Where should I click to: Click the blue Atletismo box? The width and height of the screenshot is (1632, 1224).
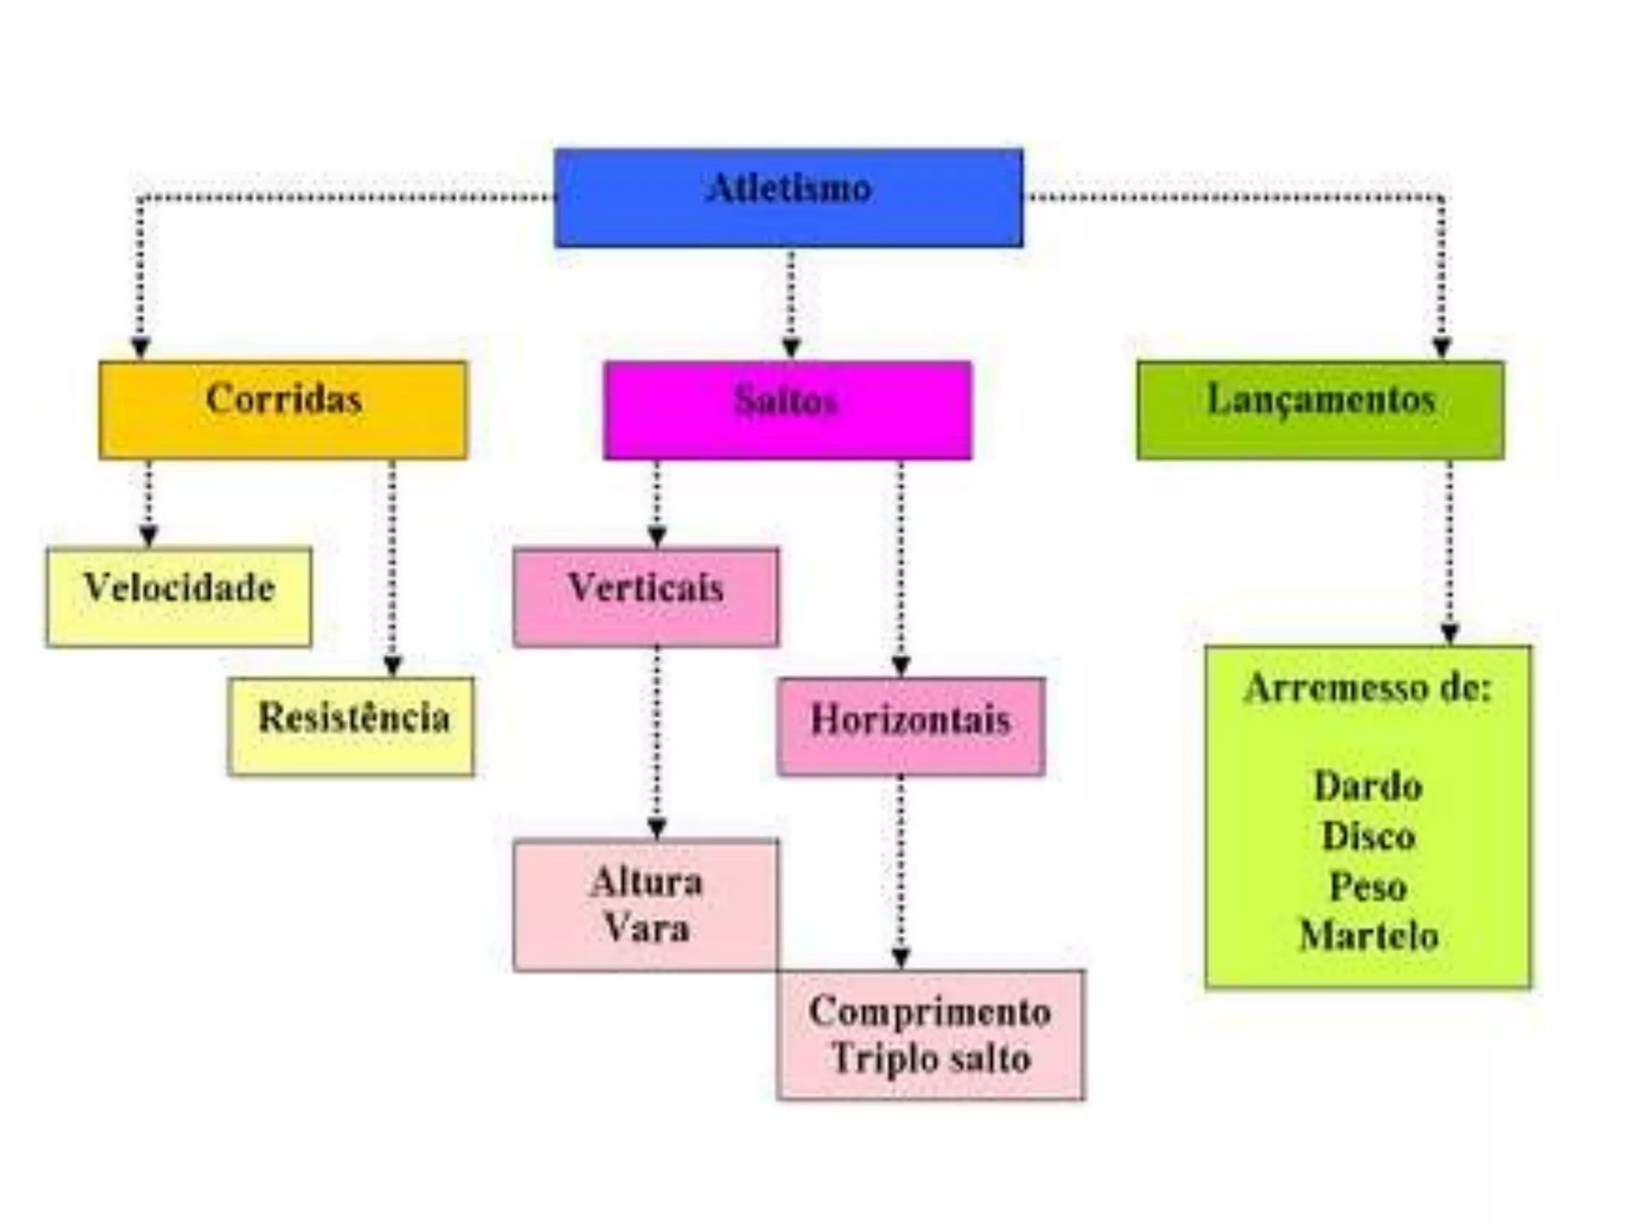pos(788,197)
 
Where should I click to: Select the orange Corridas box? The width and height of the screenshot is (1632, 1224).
pos(283,410)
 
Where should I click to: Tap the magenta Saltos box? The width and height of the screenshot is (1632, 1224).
pos(787,410)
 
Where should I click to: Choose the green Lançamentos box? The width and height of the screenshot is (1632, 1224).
pos(1320,410)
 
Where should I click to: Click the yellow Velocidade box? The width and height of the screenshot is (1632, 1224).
pos(178,596)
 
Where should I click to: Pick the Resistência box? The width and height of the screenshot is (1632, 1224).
pos(351,726)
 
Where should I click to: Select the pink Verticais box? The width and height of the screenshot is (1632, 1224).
pos(645,596)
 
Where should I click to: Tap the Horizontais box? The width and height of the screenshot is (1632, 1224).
pos(911,726)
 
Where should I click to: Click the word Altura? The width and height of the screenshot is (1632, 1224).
pos(646,882)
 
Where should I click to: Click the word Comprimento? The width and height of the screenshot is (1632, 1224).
pos(930,1012)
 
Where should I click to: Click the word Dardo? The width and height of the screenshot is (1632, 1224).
pos(1367,787)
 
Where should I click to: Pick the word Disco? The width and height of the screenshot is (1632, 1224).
pos(1367,837)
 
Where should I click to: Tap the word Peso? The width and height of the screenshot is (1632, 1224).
pos(1367,887)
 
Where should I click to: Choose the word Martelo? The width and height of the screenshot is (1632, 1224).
pos(1367,936)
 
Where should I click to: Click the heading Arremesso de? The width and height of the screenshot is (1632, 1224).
pos(1367,688)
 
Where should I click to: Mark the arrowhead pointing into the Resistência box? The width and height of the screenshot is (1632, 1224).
pos(392,666)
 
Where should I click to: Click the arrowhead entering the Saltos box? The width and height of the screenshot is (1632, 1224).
pos(790,348)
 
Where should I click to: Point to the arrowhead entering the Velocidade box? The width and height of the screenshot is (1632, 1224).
pos(148,535)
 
